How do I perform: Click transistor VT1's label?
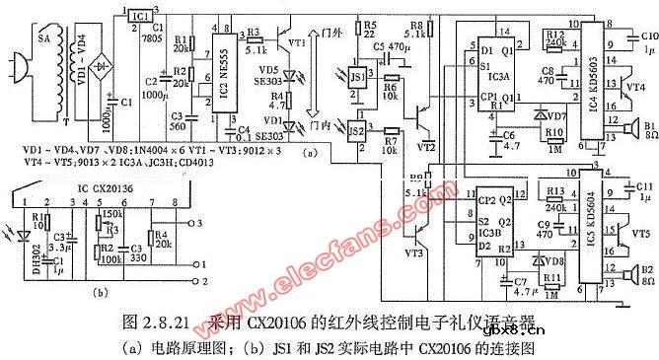[x=294, y=44]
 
